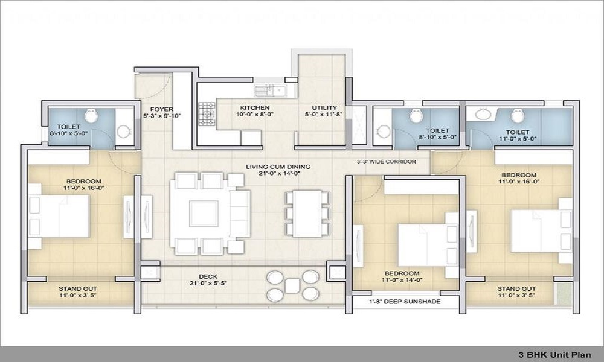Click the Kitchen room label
(255, 111)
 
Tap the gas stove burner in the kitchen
(207, 114)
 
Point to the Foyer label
(161, 112)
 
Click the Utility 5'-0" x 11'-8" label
(324, 111)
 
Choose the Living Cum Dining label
(278, 170)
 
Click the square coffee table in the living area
(204, 214)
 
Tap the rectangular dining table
(307, 213)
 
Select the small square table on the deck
(292, 285)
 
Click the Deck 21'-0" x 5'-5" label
(208, 280)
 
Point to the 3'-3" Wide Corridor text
(387, 162)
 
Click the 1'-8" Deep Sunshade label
(405, 302)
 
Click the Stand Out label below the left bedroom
(78, 292)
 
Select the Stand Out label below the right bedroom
(516, 292)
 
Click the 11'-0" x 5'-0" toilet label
(518, 135)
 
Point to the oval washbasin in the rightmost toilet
(482, 114)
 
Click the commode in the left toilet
(91, 115)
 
